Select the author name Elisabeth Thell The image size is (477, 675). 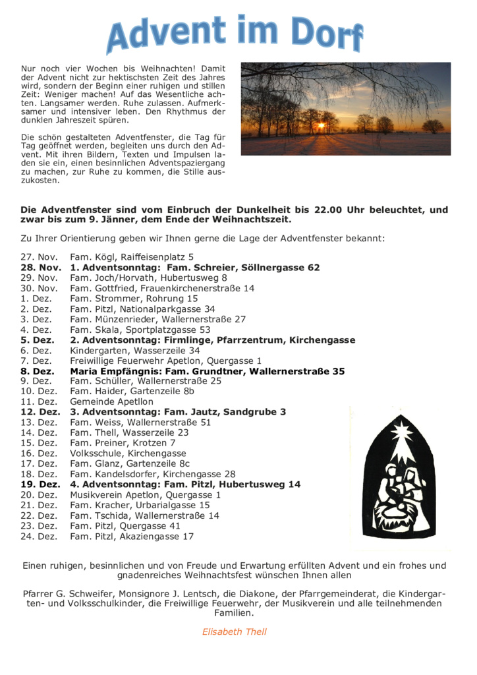tap(234, 631)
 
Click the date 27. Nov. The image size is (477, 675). tap(39, 257)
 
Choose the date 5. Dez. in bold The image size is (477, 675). tap(36, 340)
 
